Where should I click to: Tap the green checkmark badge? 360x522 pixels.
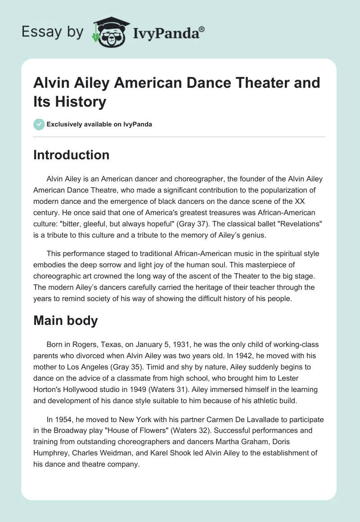[x=39, y=124]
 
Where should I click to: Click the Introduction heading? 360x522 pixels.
[x=72, y=155]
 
